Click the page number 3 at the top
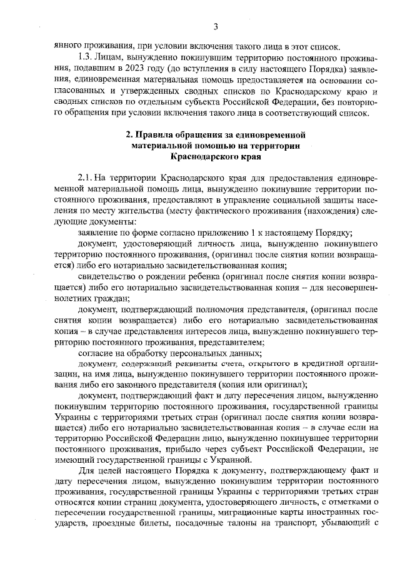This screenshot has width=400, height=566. pyautogui.click(x=215, y=26)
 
